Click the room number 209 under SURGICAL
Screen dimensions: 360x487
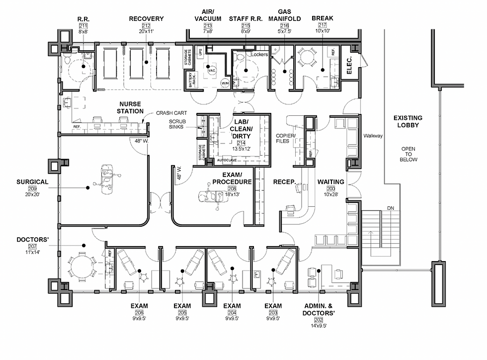[x=33, y=188]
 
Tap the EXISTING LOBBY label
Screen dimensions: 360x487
[x=407, y=122]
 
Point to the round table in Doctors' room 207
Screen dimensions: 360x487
[x=81, y=267]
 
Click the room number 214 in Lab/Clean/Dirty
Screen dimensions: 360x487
[x=241, y=143]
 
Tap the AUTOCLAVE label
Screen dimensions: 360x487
[x=226, y=161]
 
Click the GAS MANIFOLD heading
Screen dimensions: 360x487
[x=291, y=15]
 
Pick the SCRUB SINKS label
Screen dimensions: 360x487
[x=177, y=124]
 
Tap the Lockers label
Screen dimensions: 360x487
[x=259, y=54]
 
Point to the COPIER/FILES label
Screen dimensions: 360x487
[x=287, y=139]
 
